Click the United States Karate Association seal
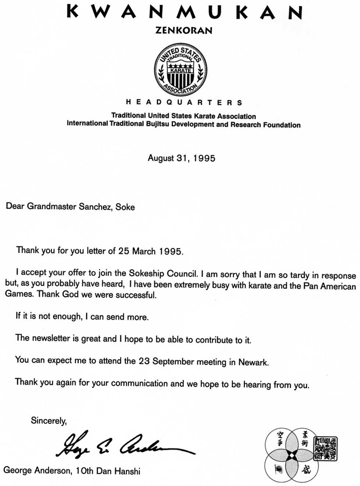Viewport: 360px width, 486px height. tap(180, 70)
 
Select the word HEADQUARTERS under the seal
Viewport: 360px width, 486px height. tap(184, 102)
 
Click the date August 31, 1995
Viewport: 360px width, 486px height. tap(182, 158)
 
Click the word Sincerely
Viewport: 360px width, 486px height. tap(49, 421)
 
